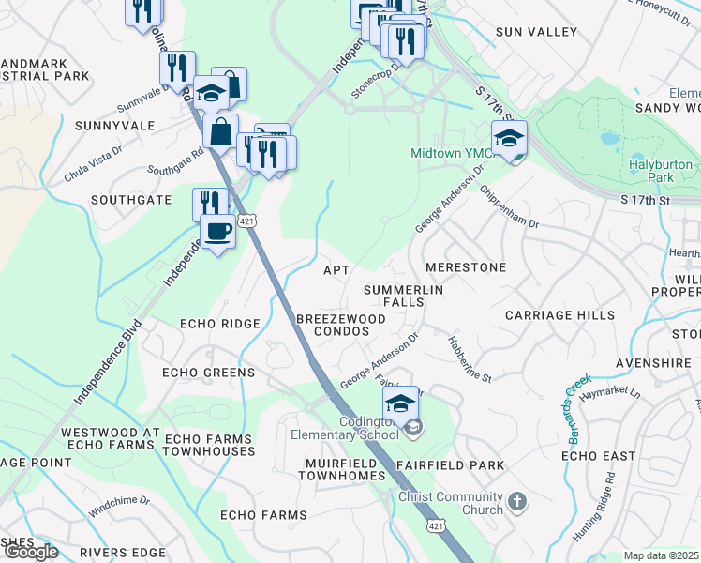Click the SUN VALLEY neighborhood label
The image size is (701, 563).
[x=536, y=32]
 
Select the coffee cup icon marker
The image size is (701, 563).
[x=218, y=231]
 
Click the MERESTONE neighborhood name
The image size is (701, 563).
[x=466, y=267]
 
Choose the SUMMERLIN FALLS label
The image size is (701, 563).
[x=403, y=296]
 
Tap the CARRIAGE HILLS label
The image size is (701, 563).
[x=560, y=316]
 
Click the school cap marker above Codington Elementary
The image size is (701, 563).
[x=401, y=403]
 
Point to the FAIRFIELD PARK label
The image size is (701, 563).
[x=450, y=465]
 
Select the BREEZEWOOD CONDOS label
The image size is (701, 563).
[x=341, y=325]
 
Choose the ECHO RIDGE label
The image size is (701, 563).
[x=220, y=324]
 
